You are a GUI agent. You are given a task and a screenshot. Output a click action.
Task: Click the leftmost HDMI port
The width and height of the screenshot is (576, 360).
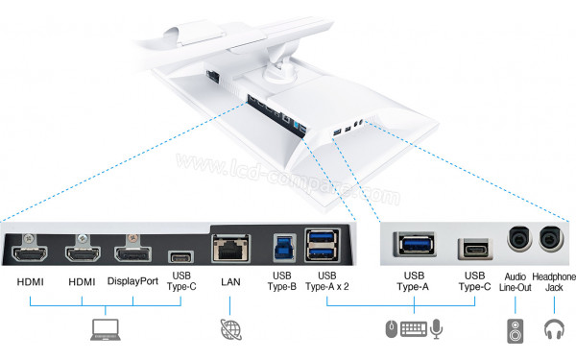click(x=31, y=256)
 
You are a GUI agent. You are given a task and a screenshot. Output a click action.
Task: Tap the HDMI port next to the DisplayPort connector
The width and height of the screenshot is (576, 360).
click(x=84, y=256)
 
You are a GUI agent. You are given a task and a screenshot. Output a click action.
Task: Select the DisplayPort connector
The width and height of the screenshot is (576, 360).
click(x=134, y=256)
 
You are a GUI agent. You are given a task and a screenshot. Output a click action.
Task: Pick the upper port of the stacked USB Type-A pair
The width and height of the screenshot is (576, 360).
click(x=321, y=239)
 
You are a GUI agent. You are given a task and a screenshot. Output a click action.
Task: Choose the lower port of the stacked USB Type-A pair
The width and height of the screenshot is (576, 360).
click(x=321, y=254)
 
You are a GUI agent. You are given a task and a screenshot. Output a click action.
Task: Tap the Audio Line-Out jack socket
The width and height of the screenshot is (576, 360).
click(x=518, y=240)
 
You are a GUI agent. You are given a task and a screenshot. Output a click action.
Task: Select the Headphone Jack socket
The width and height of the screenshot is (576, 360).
click(x=552, y=240)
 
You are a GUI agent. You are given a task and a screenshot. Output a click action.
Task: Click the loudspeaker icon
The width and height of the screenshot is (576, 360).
click(x=514, y=332)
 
